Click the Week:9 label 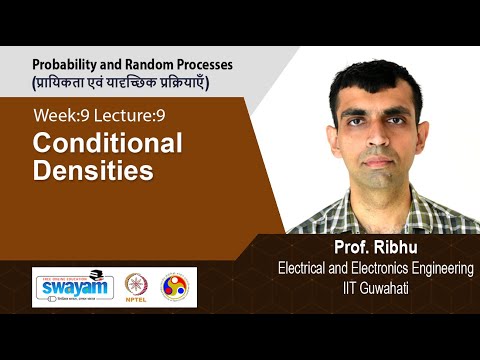point(62,117)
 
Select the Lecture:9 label point(133,117)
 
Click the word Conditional point(107,143)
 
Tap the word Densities point(93,170)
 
